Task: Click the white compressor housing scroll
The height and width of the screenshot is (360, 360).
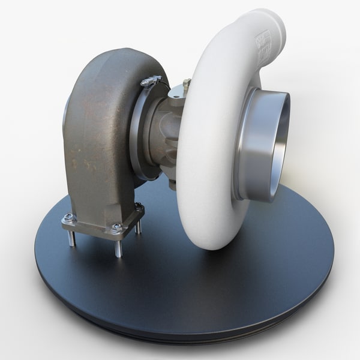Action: coord(204,180)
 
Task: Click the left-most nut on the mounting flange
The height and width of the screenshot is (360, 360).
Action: coord(70,218)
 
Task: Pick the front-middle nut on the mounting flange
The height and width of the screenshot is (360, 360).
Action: coord(117,229)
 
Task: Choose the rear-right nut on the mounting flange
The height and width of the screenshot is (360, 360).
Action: coord(139,208)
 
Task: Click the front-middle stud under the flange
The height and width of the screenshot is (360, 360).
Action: coord(118,247)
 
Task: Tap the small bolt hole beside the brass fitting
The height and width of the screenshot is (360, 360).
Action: coord(175,95)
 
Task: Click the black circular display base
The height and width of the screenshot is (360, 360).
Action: coord(240,282)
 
